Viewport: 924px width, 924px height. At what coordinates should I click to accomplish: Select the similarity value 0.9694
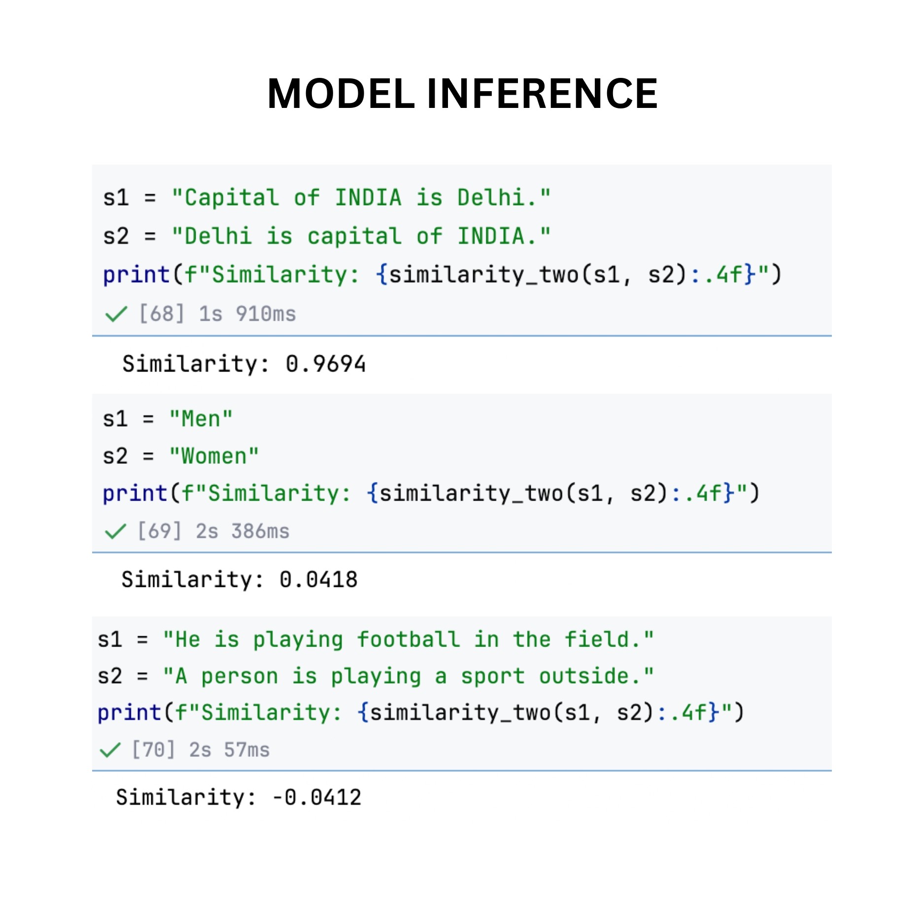(x=325, y=364)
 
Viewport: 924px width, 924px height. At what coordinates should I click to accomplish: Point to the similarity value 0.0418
(x=318, y=580)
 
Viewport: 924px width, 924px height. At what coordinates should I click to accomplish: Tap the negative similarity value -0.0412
(x=317, y=797)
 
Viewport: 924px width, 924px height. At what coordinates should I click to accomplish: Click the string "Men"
(x=201, y=419)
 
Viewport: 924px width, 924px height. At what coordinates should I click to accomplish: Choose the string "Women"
(x=214, y=456)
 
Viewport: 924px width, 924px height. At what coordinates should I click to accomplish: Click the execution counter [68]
(x=162, y=314)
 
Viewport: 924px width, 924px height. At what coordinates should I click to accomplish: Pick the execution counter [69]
(x=159, y=531)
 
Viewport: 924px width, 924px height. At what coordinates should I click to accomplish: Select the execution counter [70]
(x=153, y=750)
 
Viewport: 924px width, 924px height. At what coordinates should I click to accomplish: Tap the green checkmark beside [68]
(x=116, y=314)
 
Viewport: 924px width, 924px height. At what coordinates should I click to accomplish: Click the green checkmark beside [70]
(x=110, y=750)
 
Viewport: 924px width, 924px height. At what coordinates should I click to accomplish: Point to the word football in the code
(x=408, y=640)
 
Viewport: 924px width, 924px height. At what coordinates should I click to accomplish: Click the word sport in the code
(x=492, y=676)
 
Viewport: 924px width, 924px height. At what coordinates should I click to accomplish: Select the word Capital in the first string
(x=232, y=198)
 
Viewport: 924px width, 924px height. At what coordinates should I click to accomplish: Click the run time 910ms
(x=266, y=314)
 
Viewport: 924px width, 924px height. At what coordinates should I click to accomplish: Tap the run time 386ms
(x=260, y=531)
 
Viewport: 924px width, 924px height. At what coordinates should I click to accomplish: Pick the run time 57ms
(x=246, y=750)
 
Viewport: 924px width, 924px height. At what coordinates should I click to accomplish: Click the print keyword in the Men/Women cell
(x=135, y=493)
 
